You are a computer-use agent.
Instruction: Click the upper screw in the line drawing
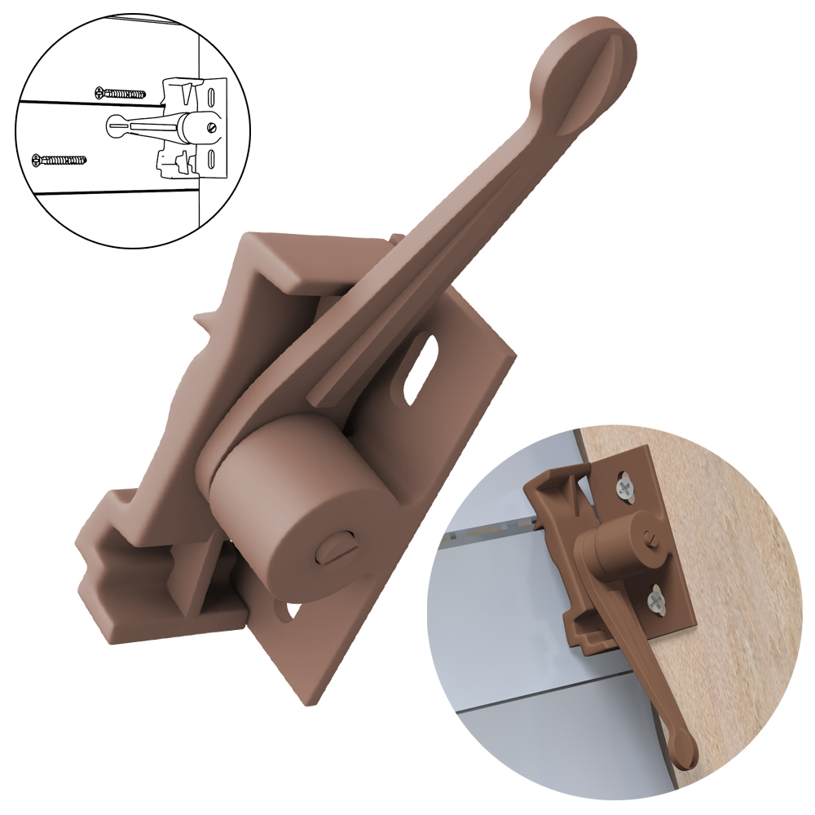(121, 93)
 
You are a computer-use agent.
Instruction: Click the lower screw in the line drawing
(58, 160)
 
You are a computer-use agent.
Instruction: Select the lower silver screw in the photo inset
(657, 602)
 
